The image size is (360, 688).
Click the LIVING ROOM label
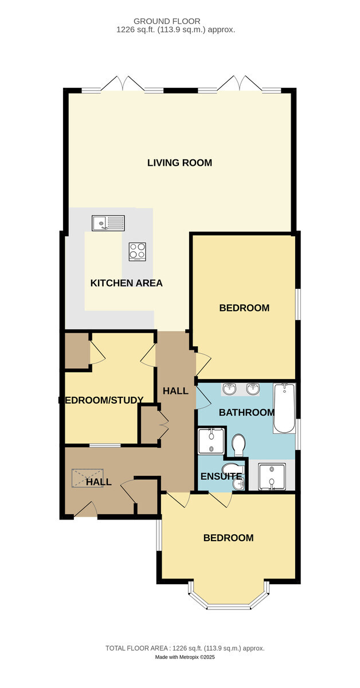tap(179, 162)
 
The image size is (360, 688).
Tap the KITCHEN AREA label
tap(126, 283)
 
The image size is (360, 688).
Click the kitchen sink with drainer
tap(108, 223)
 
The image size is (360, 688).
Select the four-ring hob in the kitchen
tap(138, 252)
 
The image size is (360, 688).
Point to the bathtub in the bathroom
tap(284, 408)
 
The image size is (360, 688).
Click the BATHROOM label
tap(246, 412)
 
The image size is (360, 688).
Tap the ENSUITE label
tap(221, 476)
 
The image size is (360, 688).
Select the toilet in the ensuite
tap(233, 469)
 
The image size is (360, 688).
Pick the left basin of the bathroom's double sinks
tap(229, 389)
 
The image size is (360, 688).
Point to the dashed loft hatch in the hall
tap(88, 478)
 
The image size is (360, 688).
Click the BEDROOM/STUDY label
tap(101, 400)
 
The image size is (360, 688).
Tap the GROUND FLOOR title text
tap(167, 21)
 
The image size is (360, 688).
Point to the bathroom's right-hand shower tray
tap(272, 476)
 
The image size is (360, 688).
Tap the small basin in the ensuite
tap(238, 484)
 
